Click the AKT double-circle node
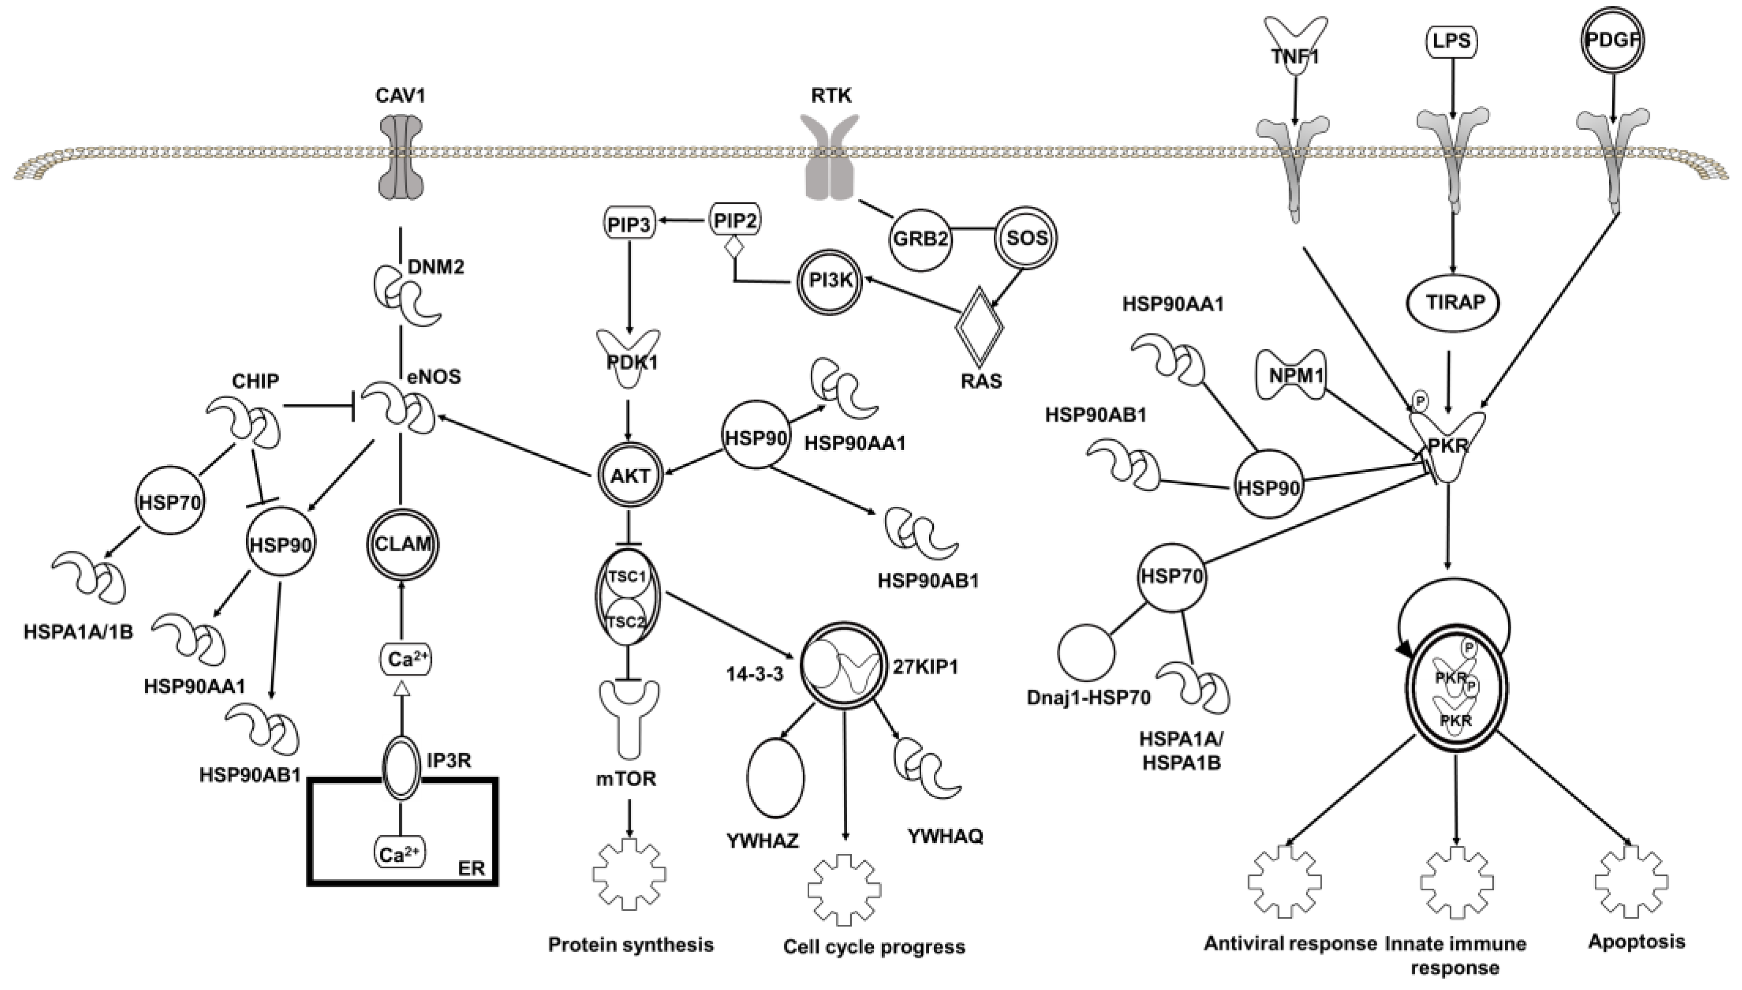pyautogui.click(x=630, y=475)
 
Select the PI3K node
pyautogui.click(x=829, y=279)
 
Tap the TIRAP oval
pyautogui.click(x=1455, y=302)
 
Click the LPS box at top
pyautogui.click(x=1452, y=42)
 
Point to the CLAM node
pyautogui.click(x=403, y=544)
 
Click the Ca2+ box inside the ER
pyautogui.click(x=400, y=854)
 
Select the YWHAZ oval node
pyautogui.click(x=776, y=777)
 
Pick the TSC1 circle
pyautogui.click(x=626, y=577)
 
